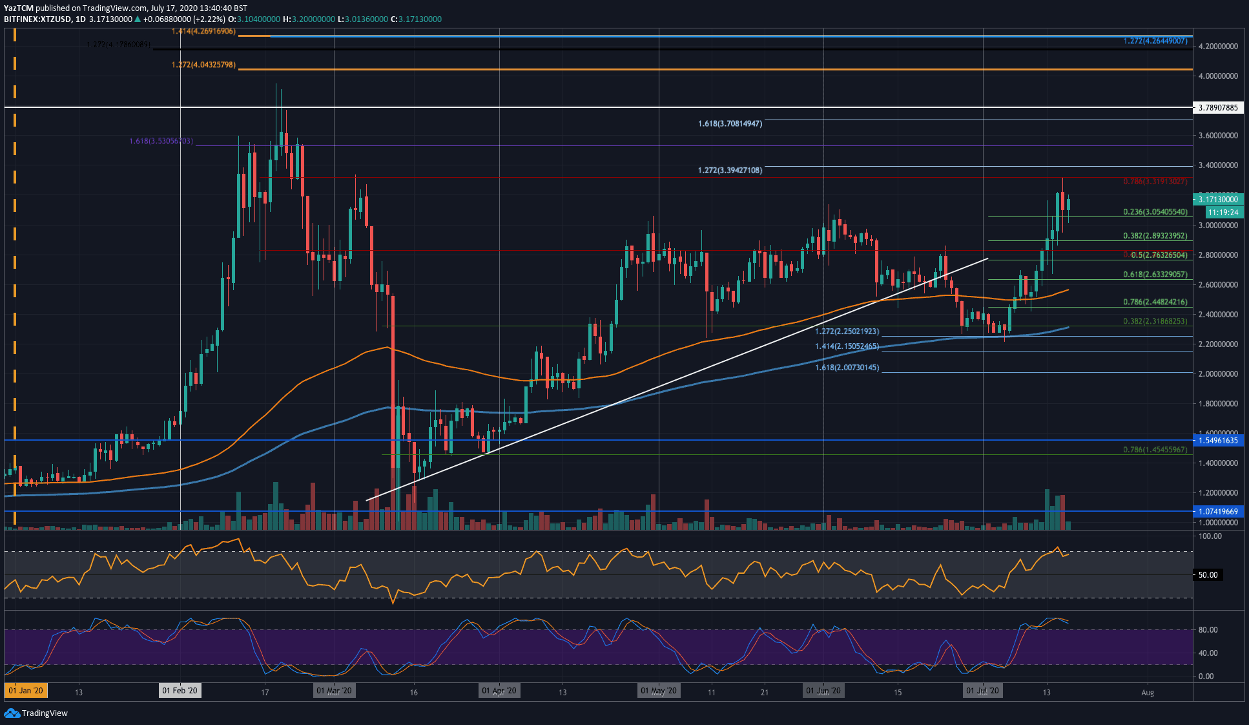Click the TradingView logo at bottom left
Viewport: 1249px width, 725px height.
tap(36, 713)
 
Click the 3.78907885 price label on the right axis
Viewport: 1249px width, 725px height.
tap(1218, 107)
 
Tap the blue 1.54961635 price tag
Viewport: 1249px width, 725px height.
tap(1218, 440)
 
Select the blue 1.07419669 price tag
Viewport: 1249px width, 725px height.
tap(1218, 511)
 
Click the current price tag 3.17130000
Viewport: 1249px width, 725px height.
tap(1218, 200)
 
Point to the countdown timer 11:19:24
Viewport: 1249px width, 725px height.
tap(1223, 212)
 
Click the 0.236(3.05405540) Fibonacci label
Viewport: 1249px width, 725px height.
tap(1155, 212)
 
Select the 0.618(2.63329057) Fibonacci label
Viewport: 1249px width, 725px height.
tap(1155, 275)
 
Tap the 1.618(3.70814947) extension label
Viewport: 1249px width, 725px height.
tap(730, 123)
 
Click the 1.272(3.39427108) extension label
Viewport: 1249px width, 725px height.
tap(730, 171)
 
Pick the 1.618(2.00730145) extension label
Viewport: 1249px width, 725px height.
tap(847, 368)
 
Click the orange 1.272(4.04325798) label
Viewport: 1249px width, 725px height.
tap(203, 65)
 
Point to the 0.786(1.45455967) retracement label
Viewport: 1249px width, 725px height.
tap(1155, 450)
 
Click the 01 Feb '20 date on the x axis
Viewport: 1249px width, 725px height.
tap(180, 691)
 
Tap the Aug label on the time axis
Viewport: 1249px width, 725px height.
tap(1147, 693)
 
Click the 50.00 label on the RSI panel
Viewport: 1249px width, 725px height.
tap(1208, 574)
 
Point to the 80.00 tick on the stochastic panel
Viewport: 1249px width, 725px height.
tap(1208, 629)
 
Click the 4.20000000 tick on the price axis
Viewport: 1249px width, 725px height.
tap(1218, 47)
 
